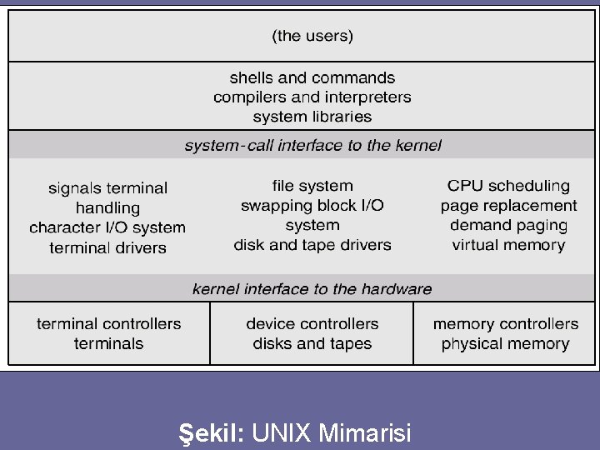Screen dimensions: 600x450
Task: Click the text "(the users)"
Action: pos(312,36)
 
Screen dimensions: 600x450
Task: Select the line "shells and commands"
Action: pos(312,77)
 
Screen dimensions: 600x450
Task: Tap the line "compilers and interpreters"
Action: pos(312,97)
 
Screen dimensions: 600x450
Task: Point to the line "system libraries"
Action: pos(312,117)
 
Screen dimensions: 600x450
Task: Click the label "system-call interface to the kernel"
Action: pos(313,145)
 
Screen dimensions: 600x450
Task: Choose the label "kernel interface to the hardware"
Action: pos(312,289)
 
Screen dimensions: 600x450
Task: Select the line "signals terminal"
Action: pos(107,188)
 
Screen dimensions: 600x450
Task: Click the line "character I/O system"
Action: pos(107,227)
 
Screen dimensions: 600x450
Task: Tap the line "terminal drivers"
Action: pos(107,247)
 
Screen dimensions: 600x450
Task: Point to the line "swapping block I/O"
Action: pos(312,205)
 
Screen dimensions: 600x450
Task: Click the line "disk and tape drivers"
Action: pos(312,245)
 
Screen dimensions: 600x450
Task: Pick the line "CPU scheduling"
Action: pos(508,186)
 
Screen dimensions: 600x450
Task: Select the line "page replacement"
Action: pos(508,205)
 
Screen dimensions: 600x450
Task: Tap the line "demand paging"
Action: pos(508,225)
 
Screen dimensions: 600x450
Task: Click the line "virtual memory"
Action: pos(508,245)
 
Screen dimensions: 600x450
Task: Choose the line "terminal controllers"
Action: pos(108,323)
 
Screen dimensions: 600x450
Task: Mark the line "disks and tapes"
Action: pos(312,343)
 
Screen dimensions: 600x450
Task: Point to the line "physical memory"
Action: pos(506,343)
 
